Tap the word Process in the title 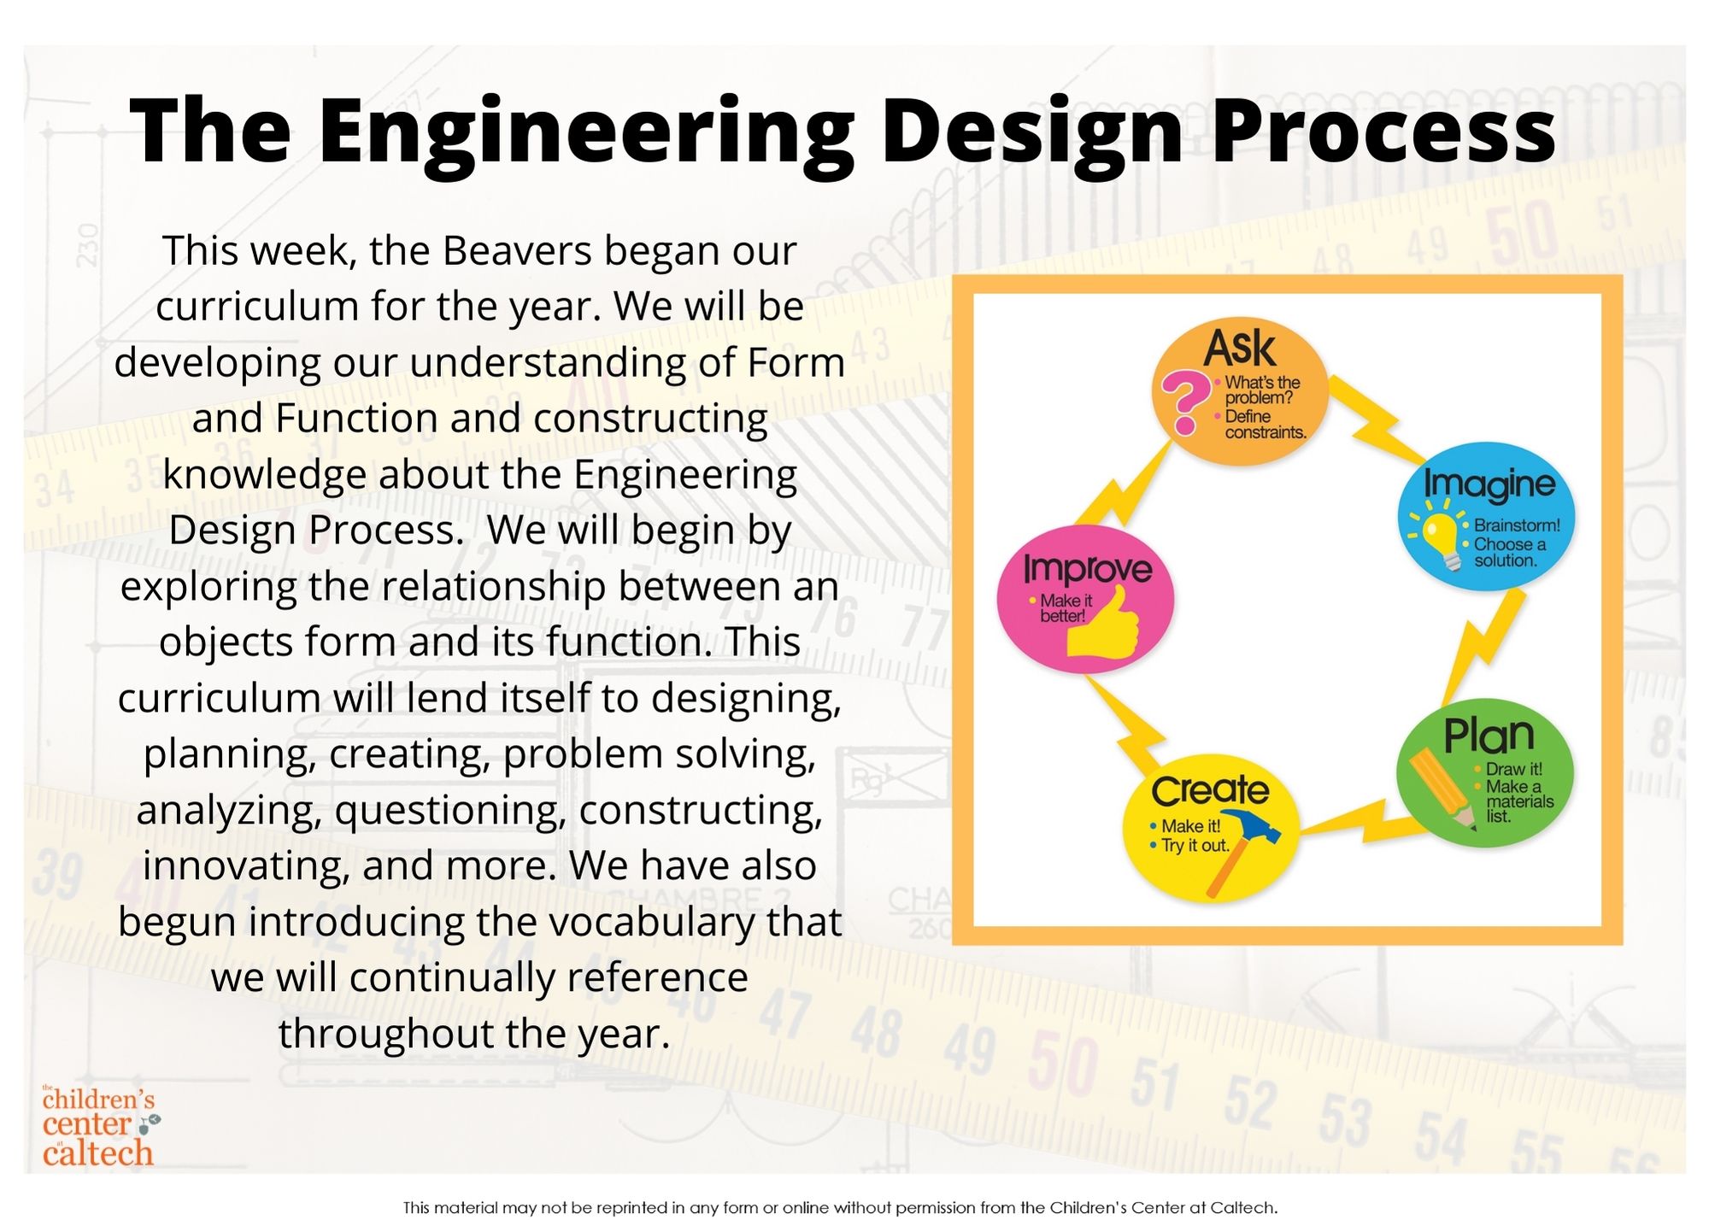(x=1383, y=130)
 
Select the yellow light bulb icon (x=1440, y=536)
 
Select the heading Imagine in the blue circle (x=1489, y=484)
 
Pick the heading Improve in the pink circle (x=1088, y=569)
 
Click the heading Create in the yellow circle (x=1210, y=790)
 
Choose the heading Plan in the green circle (x=1489, y=735)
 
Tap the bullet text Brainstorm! (x=1517, y=525)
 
